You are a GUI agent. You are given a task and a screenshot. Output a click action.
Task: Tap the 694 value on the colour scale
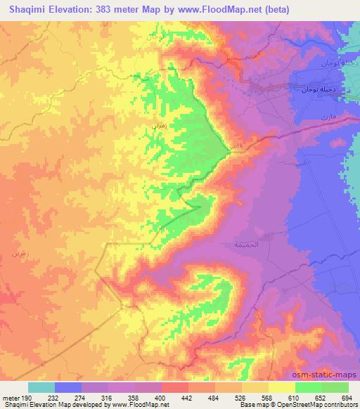348,398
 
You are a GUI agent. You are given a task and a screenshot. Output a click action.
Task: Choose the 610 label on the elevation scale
295,398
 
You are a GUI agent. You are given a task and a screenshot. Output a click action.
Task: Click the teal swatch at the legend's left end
41,387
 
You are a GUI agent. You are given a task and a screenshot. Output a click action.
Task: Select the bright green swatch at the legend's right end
335,387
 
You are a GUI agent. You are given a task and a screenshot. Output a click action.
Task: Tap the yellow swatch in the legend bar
281,387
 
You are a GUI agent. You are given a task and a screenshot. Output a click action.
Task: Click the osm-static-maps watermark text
329,376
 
